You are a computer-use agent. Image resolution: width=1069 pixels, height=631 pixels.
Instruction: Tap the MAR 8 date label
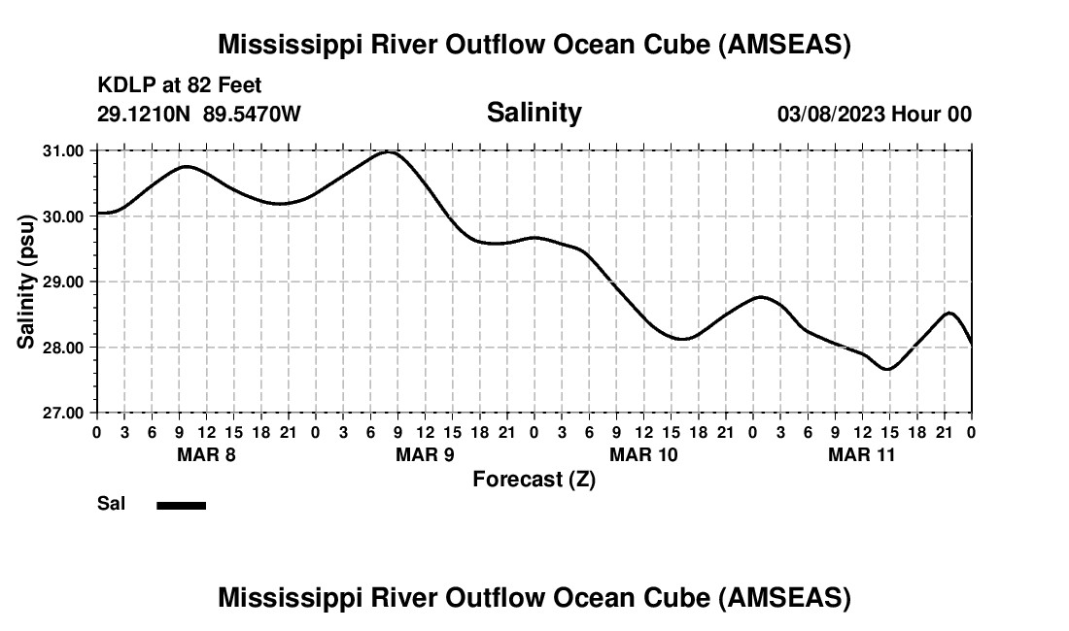tap(206, 454)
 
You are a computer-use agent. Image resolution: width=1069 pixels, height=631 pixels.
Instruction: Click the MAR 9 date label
tap(425, 454)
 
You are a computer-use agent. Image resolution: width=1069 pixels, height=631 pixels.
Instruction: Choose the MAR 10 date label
tap(643, 454)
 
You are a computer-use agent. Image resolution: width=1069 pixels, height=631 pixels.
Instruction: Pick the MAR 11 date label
tap(862, 454)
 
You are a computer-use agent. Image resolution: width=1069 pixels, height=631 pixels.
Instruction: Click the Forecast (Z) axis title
tap(534, 479)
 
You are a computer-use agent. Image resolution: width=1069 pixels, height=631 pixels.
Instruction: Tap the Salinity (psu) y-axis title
tap(26, 282)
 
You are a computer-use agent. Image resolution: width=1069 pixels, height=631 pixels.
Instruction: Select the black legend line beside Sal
tap(182, 505)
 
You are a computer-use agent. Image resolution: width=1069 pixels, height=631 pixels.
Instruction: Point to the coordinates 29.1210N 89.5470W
tap(199, 115)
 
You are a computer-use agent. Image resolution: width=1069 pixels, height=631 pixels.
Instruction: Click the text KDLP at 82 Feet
tap(180, 86)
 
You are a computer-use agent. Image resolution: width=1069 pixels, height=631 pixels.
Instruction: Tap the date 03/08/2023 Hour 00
tap(874, 115)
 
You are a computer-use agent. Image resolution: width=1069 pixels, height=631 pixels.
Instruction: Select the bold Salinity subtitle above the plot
tap(534, 113)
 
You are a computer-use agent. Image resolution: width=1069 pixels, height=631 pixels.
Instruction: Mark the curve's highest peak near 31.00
tap(388, 151)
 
